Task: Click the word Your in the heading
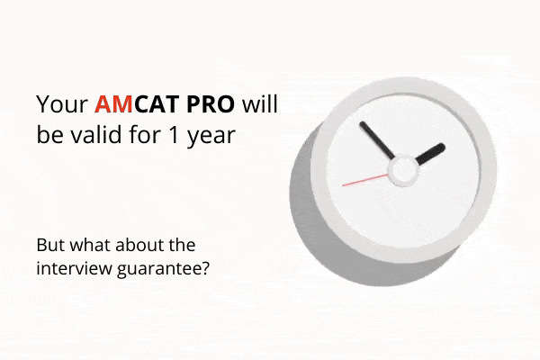click(62, 104)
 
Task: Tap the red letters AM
click(113, 104)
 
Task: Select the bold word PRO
click(211, 104)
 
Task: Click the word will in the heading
click(260, 103)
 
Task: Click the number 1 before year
click(175, 135)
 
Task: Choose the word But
click(50, 245)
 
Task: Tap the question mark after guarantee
click(204, 268)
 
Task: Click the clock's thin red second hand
click(365, 180)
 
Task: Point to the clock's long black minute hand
click(377, 140)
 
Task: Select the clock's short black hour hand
click(430, 154)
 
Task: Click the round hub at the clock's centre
click(403, 170)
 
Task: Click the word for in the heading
click(146, 134)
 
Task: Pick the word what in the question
click(90, 245)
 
